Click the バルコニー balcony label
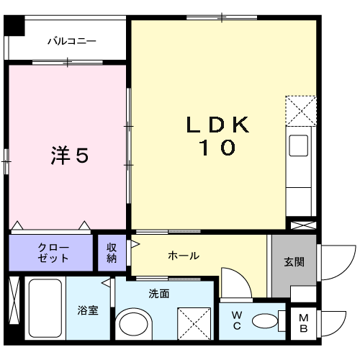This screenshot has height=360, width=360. point(72,41)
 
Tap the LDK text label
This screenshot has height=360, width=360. point(217,125)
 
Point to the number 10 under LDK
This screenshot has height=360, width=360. point(217,147)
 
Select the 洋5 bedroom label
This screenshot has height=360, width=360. point(70,155)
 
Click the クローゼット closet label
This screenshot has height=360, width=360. point(53,253)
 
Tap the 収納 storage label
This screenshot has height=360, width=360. point(112,253)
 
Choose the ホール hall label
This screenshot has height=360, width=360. point(184,256)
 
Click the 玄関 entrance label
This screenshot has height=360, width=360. point(294,262)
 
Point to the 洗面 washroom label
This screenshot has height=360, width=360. point(159,294)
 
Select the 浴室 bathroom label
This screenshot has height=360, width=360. point(88,310)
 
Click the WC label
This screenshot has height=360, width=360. point(237,320)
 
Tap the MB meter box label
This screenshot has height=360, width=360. point(304,323)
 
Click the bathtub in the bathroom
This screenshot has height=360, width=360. point(45,308)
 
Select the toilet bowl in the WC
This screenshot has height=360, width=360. point(265,321)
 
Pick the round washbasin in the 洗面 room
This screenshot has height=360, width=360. point(133,324)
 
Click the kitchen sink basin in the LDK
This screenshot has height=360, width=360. point(298,145)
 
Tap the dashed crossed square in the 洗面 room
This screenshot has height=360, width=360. point(194,324)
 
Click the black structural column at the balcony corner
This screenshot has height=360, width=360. point(14,26)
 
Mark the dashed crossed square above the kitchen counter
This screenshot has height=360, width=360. point(301,111)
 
